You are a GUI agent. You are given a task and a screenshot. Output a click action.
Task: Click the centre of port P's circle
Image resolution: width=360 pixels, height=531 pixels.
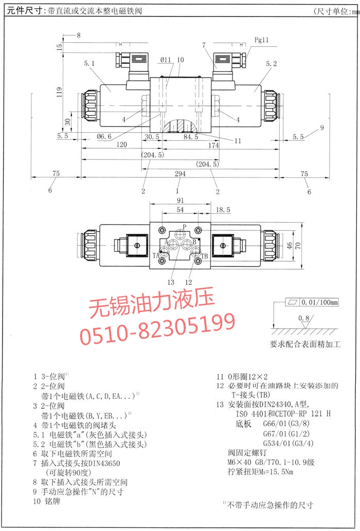[179, 234]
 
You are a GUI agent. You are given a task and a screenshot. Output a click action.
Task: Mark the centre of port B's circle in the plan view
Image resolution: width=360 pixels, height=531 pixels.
[186, 245]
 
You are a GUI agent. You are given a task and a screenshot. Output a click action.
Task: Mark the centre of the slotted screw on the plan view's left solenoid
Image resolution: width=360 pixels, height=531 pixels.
[137, 245]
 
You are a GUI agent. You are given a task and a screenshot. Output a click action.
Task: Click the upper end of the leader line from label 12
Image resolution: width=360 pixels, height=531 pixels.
[197, 260]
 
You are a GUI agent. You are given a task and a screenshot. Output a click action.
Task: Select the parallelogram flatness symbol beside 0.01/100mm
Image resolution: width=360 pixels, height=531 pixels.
[292, 302]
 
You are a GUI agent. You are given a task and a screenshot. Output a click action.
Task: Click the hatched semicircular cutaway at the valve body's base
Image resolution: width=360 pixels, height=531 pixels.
[179, 126]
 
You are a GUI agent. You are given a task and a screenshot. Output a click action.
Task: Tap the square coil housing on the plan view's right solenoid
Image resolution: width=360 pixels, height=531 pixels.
[222, 245]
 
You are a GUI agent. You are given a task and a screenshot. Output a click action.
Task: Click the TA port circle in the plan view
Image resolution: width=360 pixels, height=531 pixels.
[164, 251]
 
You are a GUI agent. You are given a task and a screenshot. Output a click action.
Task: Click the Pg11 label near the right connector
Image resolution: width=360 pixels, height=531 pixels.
[261, 40]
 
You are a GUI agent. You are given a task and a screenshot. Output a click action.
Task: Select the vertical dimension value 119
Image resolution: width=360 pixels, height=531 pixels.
[59, 92]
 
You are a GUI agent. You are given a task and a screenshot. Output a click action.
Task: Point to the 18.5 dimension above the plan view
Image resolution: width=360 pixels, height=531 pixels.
[223, 210]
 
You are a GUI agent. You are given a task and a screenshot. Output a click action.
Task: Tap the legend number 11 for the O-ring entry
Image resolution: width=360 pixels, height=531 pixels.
[221, 377]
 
